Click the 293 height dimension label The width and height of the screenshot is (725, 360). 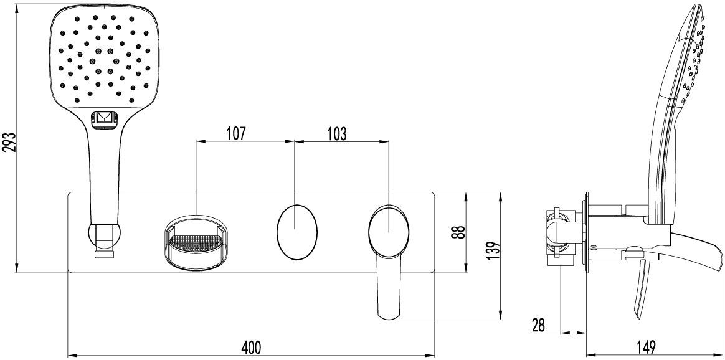(10, 143)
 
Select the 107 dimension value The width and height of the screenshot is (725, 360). (236, 134)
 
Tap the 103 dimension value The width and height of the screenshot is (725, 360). (337, 134)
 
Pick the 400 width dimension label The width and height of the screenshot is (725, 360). (252, 346)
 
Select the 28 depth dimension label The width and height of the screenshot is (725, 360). (539, 325)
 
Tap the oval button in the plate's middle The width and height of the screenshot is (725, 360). (297, 231)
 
